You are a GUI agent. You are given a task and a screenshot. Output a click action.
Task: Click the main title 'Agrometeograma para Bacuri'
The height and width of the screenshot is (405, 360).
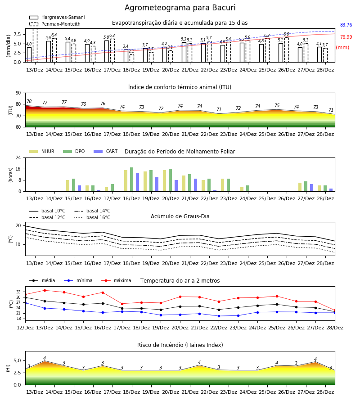(180, 8)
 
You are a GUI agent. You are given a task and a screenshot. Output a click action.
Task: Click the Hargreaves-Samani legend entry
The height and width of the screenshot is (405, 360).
(57, 17)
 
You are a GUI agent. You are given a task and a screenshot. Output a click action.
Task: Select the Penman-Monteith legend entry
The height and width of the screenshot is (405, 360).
(55, 24)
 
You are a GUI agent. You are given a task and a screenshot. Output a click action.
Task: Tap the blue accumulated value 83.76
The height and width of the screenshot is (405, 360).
(346, 25)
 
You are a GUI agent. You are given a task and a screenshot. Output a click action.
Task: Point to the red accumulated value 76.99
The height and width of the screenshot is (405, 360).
(346, 37)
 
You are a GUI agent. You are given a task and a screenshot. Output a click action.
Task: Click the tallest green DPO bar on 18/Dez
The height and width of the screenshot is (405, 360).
(132, 180)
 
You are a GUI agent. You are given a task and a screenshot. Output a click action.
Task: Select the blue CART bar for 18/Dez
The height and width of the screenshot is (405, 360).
(137, 182)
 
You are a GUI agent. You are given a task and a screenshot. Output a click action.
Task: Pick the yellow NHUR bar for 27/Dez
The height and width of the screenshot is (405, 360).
(300, 187)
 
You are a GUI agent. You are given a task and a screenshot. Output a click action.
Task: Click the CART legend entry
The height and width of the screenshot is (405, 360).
(106, 151)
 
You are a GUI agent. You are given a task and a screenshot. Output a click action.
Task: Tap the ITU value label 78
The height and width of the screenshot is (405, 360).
(29, 102)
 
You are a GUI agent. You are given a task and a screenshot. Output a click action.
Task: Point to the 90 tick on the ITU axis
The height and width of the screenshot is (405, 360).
(18, 93)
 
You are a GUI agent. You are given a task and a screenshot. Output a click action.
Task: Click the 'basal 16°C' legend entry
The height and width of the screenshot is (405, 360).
(92, 217)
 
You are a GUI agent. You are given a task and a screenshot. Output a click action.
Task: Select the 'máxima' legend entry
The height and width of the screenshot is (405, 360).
(116, 280)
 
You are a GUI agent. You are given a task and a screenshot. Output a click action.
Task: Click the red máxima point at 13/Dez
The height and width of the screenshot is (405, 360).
(45, 290)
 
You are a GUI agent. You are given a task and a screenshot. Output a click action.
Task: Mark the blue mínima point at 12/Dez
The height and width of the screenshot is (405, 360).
(25, 303)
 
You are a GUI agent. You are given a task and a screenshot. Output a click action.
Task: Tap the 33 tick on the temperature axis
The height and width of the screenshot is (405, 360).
(18, 292)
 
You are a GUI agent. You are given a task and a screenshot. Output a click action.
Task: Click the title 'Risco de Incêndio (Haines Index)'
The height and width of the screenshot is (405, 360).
(180, 345)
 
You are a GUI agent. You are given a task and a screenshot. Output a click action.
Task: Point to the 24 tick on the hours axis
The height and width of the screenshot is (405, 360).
(18, 157)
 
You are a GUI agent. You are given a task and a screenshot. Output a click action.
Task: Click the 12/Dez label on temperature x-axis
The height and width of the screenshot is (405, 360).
(25, 328)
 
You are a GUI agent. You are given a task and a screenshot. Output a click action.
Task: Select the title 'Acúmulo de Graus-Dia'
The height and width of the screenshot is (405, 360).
(180, 216)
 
